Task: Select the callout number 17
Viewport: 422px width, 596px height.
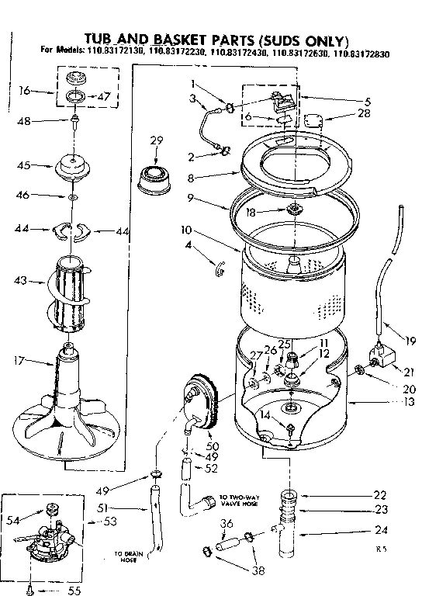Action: click(x=19, y=360)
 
